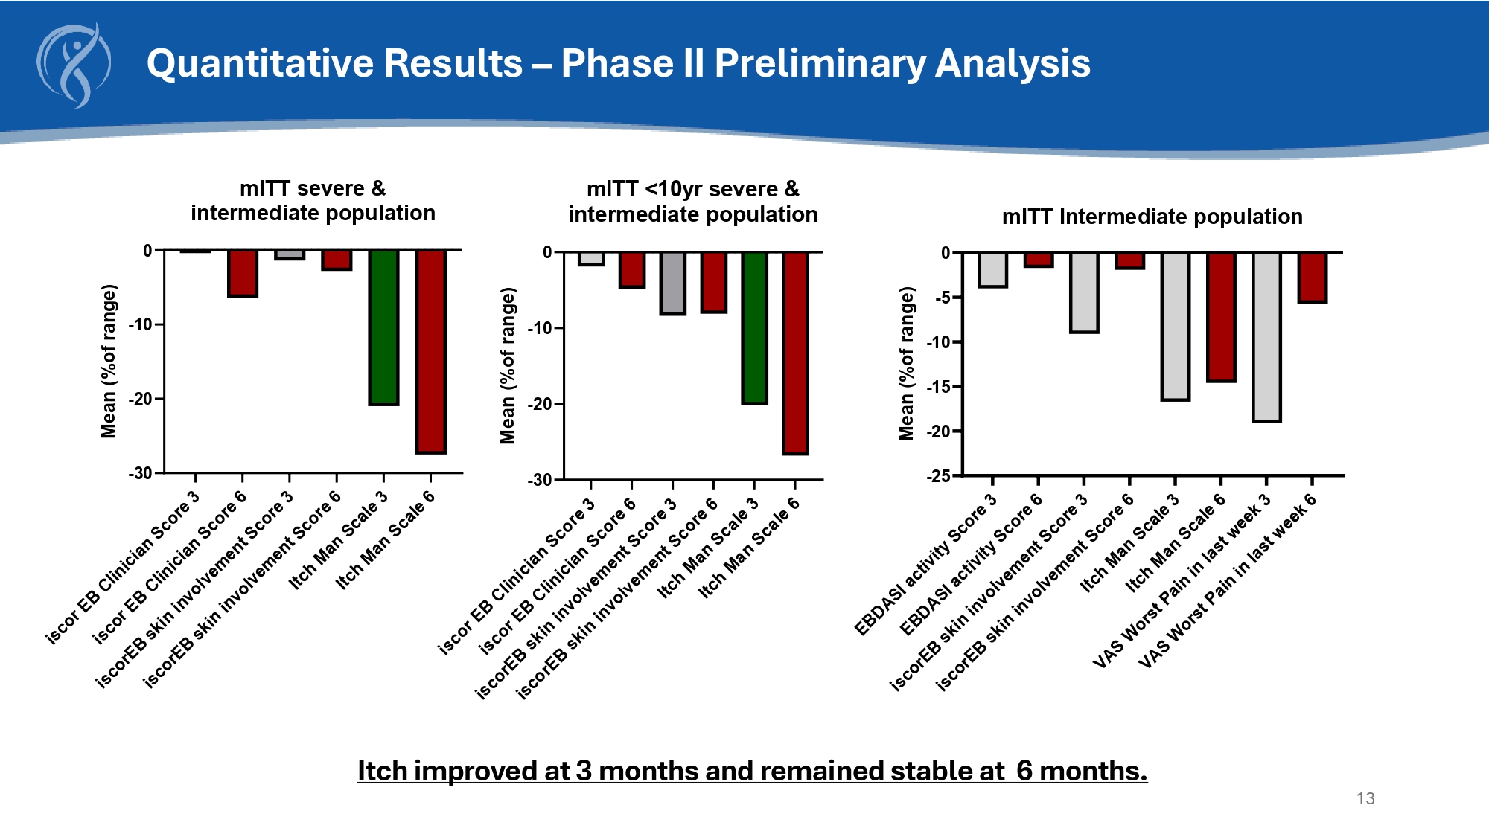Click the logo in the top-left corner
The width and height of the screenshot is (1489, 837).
pyautogui.click(x=74, y=65)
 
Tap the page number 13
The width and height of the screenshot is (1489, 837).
pyautogui.click(x=1365, y=798)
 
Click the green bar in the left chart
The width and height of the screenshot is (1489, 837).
pyautogui.click(x=383, y=327)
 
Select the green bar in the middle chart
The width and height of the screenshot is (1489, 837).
pyautogui.click(x=754, y=327)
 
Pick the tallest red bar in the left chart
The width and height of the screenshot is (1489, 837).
pyautogui.click(x=430, y=351)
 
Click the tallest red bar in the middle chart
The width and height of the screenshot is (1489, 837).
pyautogui.click(x=795, y=353)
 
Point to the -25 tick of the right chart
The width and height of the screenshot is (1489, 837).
pyautogui.click(x=939, y=476)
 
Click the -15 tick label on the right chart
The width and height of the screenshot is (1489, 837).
pyautogui.click(x=939, y=387)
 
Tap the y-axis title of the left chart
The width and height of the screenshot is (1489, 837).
pyautogui.click(x=109, y=362)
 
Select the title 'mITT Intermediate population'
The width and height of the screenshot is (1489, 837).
pyautogui.click(x=1152, y=217)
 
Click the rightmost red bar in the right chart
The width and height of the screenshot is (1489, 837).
pyautogui.click(x=1312, y=278)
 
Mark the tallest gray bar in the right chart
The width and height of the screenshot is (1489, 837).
pyautogui.click(x=1266, y=337)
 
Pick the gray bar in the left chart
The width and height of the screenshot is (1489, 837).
pyautogui.click(x=289, y=254)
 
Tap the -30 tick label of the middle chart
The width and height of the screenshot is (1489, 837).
pyautogui.click(x=540, y=481)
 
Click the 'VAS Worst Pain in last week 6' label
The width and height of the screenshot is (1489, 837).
pyautogui.click(x=1228, y=581)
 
